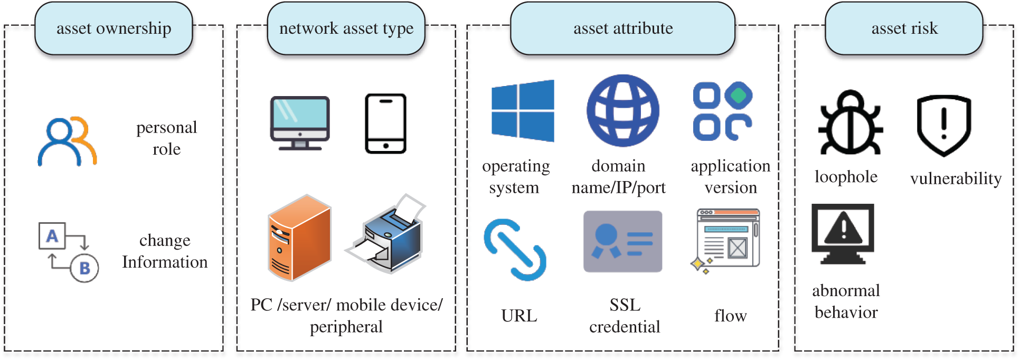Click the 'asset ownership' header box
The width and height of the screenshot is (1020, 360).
click(114, 29)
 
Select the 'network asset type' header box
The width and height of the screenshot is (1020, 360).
click(346, 29)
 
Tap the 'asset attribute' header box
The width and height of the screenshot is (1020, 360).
click(623, 29)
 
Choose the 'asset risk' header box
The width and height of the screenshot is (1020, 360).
click(904, 29)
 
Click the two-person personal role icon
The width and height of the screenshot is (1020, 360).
click(67, 141)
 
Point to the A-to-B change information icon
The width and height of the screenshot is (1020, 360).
click(69, 252)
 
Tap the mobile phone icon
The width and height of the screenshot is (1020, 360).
click(386, 124)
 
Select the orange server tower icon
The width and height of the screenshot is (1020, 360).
click(299, 238)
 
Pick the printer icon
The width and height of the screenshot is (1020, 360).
click(385, 233)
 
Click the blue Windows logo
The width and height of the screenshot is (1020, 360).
click(523, 111)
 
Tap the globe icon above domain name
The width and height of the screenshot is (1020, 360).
click(623, 111)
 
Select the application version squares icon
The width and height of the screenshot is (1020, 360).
click(723, 111)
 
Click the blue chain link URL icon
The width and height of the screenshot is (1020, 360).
click(515, 250)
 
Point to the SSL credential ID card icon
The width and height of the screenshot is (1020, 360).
click(623, 242)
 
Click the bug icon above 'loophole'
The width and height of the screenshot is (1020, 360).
click(851, 122)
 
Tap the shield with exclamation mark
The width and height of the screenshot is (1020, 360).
click(944, 126)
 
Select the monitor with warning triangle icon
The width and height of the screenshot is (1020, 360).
click(843, 234)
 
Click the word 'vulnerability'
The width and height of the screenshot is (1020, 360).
click(956, 179)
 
